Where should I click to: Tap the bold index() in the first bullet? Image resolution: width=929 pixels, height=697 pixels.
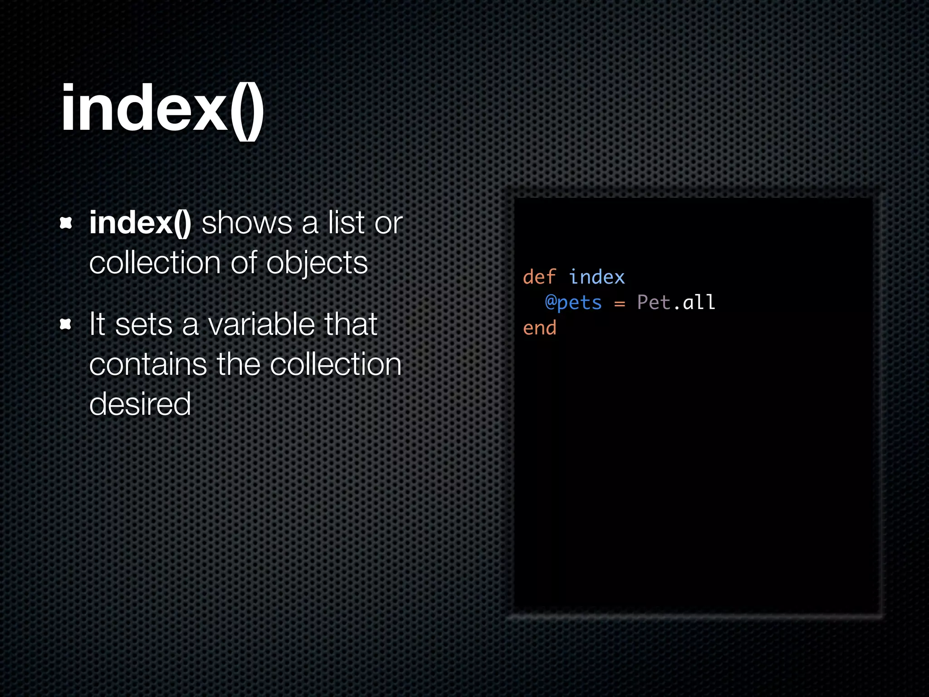pyautogui.click(x=140, y=223)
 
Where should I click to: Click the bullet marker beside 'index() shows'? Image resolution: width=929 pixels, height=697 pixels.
pyautogui.click(x=66, y=223)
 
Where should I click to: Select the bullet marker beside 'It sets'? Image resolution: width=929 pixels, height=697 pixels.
pyautogui.click(x=66, y=324)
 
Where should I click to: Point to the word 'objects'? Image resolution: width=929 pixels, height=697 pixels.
pyautogui.click(x=317, y=263)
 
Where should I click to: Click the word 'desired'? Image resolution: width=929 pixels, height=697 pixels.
pyautogui.click(x=140, y=404)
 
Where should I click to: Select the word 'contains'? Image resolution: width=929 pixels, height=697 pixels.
pyautogui.click(x=148, y=364)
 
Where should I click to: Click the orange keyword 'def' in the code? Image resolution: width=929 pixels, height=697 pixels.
pyautogui.click(x=539, y=277)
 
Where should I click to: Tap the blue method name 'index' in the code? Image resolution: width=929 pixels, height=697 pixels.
pyautogui.click(x=597, y=277)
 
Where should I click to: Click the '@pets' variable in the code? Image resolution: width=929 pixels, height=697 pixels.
pyautogui.click(x=573, y=303)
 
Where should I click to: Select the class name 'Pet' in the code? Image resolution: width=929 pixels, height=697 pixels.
pyautogui.click(x=653, y=303)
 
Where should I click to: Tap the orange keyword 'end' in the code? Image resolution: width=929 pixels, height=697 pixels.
pyautogui.click(x=539, y=328)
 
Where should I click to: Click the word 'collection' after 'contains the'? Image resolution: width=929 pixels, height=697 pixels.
pyautogui.click(x=336, y=364)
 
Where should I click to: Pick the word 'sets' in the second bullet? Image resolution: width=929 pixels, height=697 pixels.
pyautogui.click(x=144, y=324)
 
